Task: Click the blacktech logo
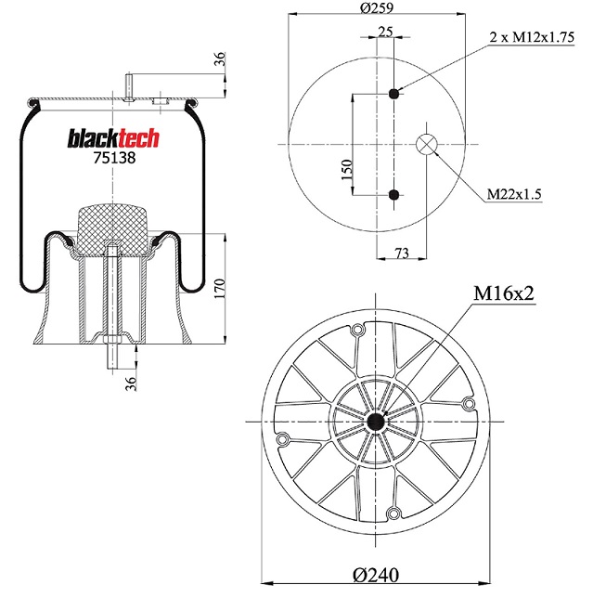113,138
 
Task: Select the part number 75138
114,158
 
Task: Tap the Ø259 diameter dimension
377,7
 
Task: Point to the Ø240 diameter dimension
376,575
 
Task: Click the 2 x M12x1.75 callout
532,37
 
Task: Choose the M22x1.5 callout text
514,193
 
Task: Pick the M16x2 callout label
504,293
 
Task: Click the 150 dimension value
347,170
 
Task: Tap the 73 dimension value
402,253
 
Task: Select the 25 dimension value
385,32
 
